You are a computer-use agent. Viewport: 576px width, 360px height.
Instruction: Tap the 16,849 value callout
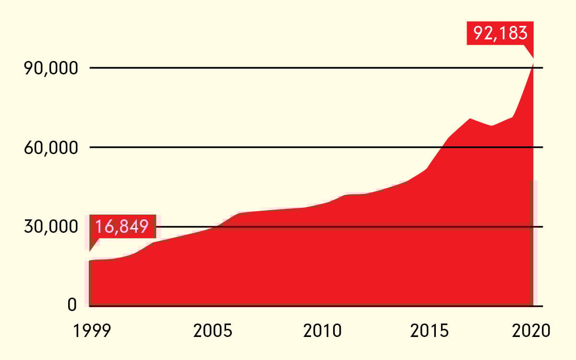pyautogui.click(x=122, y=226)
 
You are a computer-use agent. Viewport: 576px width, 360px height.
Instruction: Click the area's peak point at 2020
pyautogui.click(x=533, y=61)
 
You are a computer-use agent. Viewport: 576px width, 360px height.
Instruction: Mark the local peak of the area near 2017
pyautogui.click(x=470, y=119)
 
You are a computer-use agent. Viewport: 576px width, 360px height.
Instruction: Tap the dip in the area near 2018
pyautogui.click(x=492, y=126)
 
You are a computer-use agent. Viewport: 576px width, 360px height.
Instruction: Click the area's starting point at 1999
pyautogui.click(x=90, y=261)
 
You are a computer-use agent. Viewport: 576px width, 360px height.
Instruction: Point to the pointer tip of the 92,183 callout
pyautogui.click(x=533, y=57)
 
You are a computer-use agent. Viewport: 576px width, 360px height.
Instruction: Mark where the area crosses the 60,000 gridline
pyautogui.click(x=443, y=147)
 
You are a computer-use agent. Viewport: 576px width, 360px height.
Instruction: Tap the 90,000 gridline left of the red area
pyautogui.click(x=288, y=68)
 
